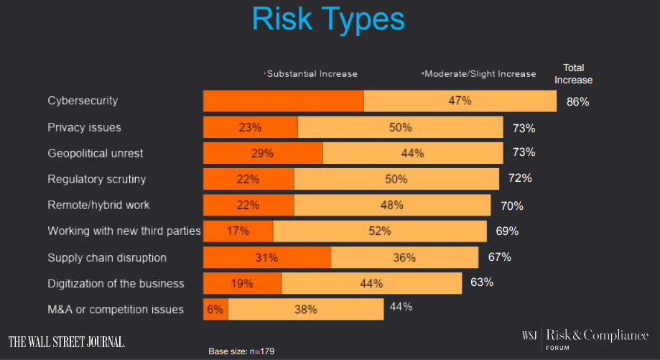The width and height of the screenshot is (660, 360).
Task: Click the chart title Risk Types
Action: coord(329,19)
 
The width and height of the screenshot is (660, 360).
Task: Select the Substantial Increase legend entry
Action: coord(311,73)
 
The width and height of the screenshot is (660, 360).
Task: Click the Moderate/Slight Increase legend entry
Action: coord(479,73)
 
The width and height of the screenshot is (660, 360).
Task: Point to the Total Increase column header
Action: coord(573,73)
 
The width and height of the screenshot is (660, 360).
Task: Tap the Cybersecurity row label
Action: coord(83,101)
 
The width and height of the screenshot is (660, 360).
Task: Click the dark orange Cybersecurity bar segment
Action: coord(283,101)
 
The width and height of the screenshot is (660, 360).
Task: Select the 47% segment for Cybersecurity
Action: coord(460,101)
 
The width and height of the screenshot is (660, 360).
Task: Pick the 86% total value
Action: coord(577,102)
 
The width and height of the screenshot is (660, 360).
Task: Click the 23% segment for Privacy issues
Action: coord(250,128)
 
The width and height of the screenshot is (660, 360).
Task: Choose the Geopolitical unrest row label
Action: coord(96,153)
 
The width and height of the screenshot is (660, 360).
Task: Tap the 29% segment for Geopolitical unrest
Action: coord(262,153)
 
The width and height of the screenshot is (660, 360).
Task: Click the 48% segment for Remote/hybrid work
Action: coord(392,205)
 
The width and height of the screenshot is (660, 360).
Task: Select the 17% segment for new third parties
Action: coord(238,231)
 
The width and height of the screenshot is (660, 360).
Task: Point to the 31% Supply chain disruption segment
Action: coord(266,257)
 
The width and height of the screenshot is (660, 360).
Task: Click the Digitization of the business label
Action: coord(116,283)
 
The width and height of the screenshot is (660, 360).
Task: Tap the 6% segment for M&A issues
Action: coord(215,310)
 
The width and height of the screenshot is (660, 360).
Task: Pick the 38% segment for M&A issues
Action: coord(306,310)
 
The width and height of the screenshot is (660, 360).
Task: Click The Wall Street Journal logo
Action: coord(67,341)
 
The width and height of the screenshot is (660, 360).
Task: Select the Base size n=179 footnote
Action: coord(241,351)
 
